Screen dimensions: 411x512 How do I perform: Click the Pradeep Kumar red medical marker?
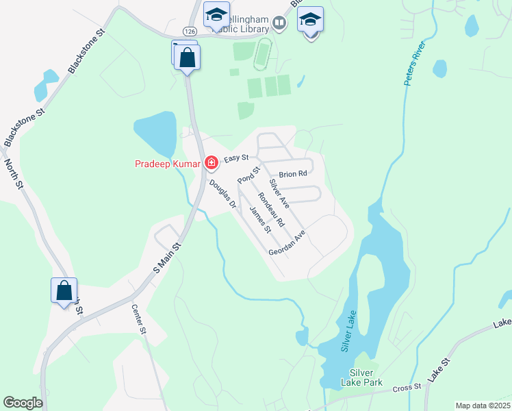click(212, 163)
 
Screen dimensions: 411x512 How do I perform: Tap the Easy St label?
click(235, 158)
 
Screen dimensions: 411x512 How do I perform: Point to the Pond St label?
click(249, 174)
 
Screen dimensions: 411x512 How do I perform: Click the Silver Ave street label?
click(279, 194)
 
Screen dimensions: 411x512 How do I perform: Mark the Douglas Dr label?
click(222, 194)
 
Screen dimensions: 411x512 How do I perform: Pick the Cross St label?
click(408, 388)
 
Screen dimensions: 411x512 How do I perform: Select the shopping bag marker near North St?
click(64, 290)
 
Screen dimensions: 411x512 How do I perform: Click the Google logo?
click(23, 403)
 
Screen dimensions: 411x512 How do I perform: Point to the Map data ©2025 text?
click(482, 406)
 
